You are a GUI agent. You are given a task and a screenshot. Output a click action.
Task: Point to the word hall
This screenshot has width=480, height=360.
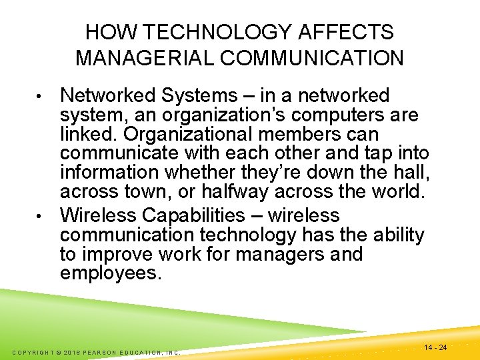coord(411,173)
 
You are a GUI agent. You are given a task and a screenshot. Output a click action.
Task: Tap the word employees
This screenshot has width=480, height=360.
coord(111,274)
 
